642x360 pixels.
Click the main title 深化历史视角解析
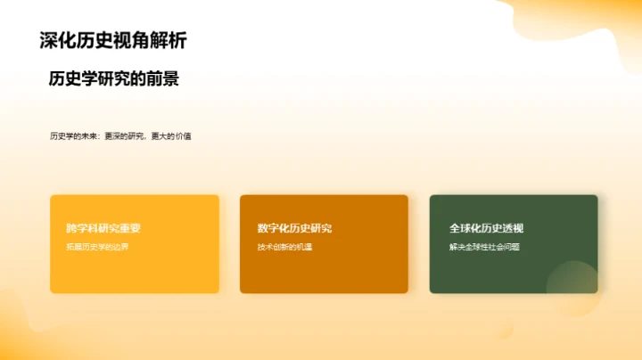pos(113,40)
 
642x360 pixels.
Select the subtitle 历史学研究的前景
pos(114,78)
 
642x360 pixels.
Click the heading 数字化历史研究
pos(294,228)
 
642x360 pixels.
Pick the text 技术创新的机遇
pos(284,247)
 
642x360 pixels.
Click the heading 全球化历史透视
pos(487,228)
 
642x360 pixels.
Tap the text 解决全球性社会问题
pos(484,247)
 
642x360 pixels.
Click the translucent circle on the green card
pos(572,285)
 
